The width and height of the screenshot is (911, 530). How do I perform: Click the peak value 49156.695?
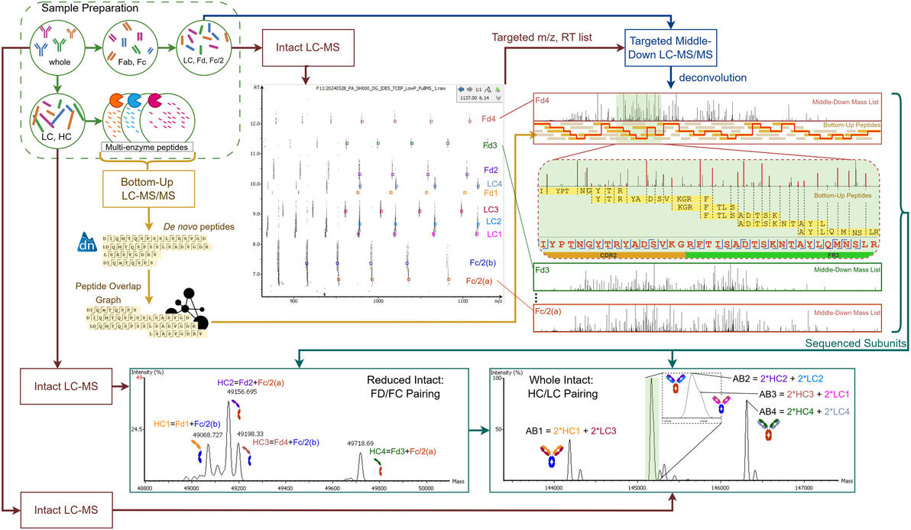point(239,391)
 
